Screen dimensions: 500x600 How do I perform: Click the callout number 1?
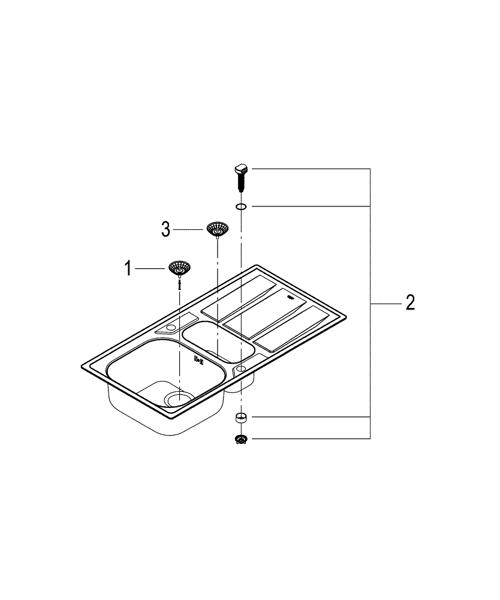coord(128,269)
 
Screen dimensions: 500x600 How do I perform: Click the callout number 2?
coord(410,302)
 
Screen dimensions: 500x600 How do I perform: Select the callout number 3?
coord(165,230)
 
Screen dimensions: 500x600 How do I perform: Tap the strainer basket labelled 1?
coord(179,268)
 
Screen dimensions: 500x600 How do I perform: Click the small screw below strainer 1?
coord(179,284)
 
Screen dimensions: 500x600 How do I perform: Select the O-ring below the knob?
coord(241,206)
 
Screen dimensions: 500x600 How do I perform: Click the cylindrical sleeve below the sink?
coord(241,418)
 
